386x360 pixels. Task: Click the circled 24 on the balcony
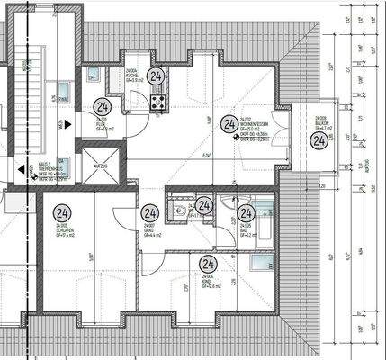tap(317, 139)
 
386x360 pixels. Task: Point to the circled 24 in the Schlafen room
tap(61, 214)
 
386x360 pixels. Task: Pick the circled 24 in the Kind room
tap(208, 265)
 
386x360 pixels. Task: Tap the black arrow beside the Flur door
tap(68, 124)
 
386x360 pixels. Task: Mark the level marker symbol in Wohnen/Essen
tap(235, 139)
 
